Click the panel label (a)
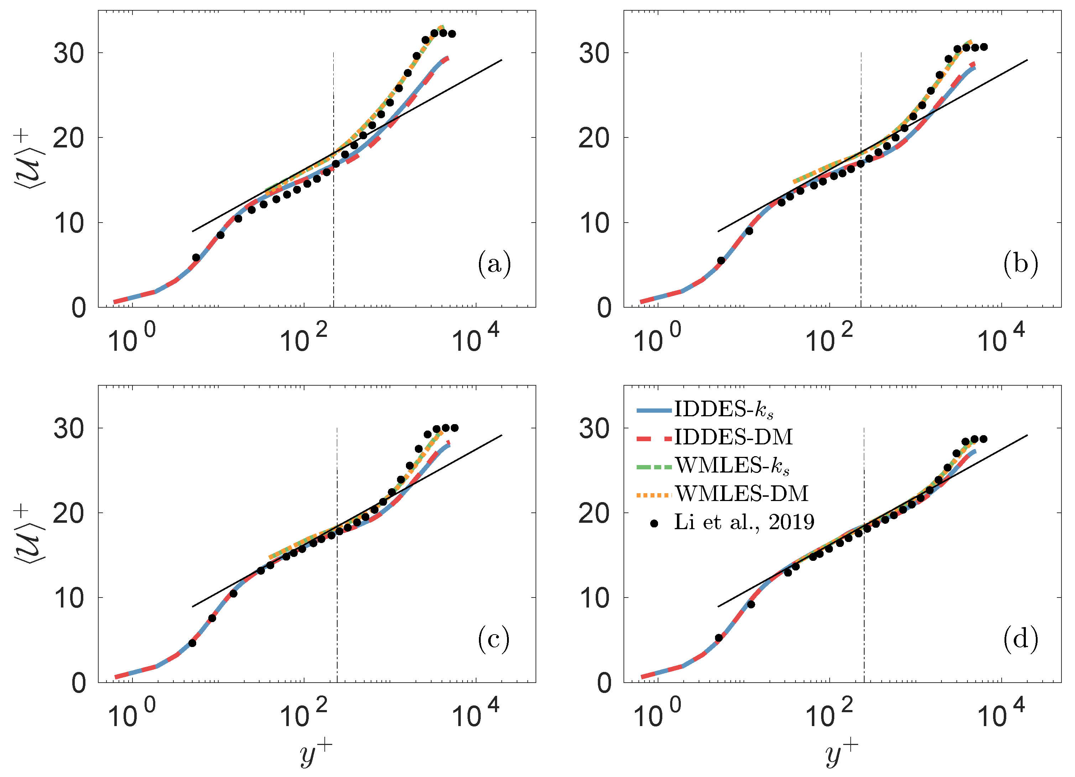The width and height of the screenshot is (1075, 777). click(494, 264)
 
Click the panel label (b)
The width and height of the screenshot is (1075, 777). click(1020, 264)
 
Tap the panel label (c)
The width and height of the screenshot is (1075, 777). click(494, 639)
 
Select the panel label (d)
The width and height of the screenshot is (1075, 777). click(1020, 639)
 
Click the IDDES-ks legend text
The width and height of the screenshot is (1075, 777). click(724, 410)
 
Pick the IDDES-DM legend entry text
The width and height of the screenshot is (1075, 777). click(733, 437)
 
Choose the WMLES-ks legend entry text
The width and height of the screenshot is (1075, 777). click(732, 466)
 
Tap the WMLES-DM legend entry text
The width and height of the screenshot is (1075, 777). click(741, 494)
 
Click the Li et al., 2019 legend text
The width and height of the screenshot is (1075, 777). click(744, 522)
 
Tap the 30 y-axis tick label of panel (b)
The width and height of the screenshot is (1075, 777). click(594, 53)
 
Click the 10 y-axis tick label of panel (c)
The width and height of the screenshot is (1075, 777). click(69, 599)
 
